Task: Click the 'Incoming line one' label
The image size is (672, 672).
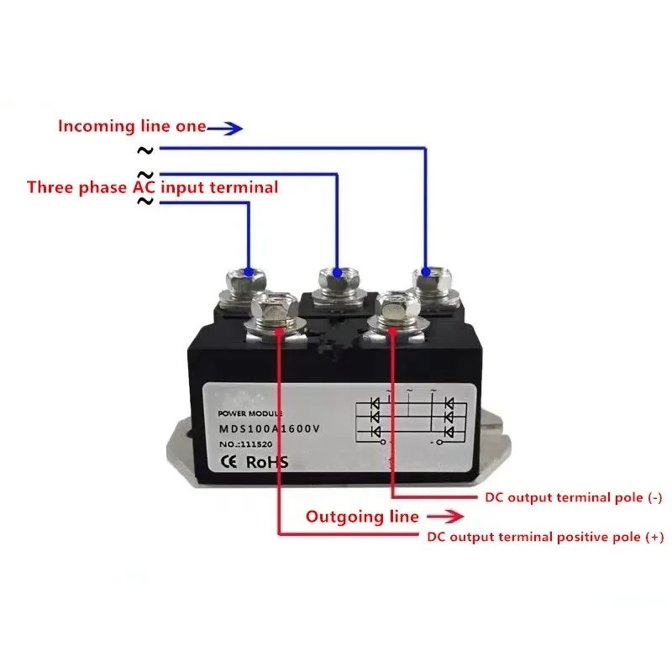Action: point(131,127)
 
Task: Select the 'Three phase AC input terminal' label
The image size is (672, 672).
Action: point(152,187)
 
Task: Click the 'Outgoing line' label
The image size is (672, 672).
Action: point(361,517)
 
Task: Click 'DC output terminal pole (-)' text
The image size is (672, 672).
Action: point(574,497)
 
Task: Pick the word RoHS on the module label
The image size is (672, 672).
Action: point(268,461)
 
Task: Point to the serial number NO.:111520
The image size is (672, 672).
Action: point(247,444)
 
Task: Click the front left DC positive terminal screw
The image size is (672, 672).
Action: point(276,309)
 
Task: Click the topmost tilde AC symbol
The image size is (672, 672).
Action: point(145,150)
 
